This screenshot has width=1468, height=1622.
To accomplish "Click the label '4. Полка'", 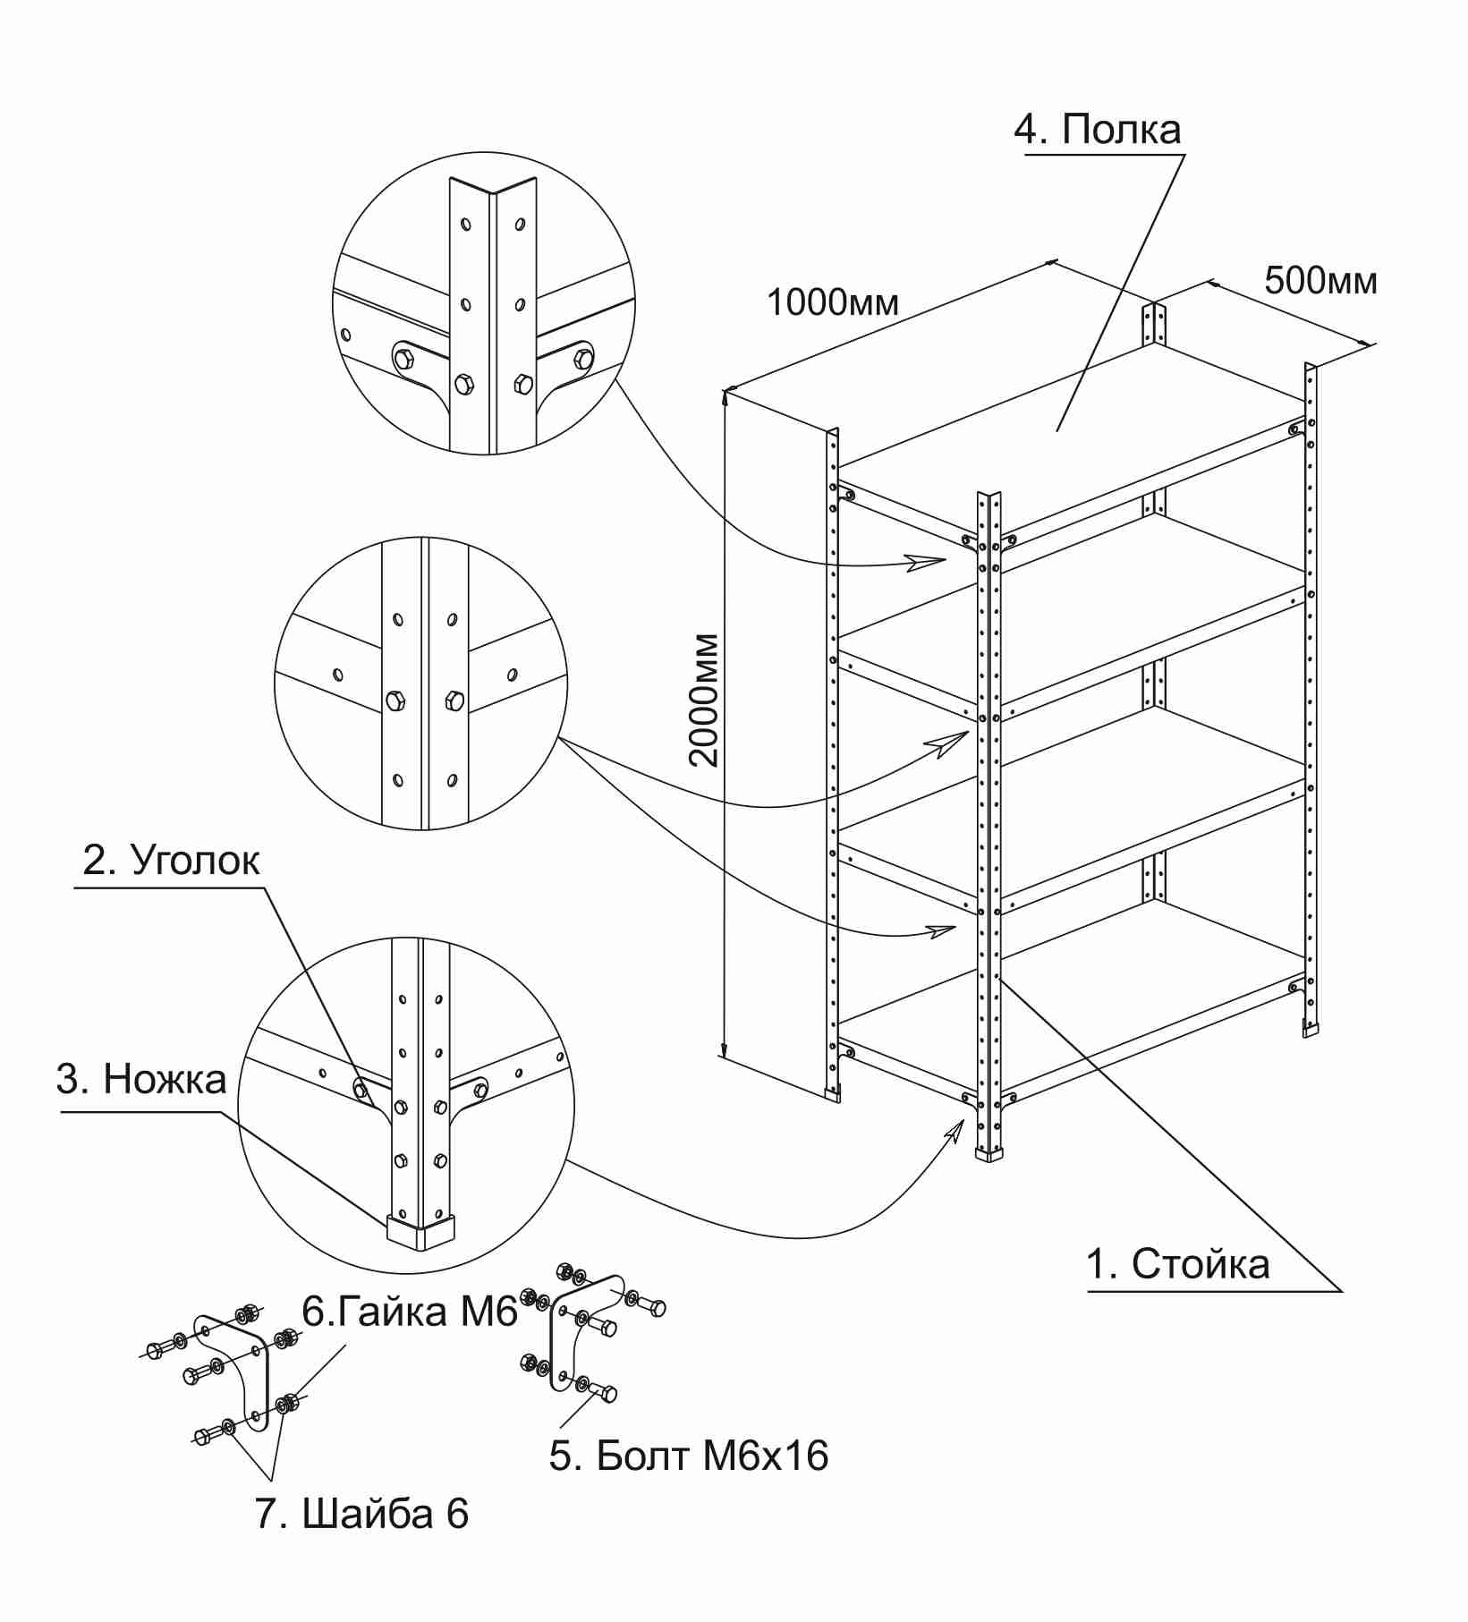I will click(x=1097, y=131).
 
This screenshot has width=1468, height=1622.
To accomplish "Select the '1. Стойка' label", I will click(x=1177, y=1265).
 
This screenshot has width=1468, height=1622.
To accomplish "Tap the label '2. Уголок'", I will click(x=171, y=861).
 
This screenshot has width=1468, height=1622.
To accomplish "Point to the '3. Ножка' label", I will click(x=141, y=1079).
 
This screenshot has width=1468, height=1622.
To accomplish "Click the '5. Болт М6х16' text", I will click(x=688, y=1456).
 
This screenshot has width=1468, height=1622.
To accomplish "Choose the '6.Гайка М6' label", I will click(x=410, y=1312).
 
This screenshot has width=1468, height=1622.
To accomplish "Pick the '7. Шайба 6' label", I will click(x=361, y=1514).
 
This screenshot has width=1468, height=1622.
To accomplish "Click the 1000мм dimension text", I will click(x=832, y=303).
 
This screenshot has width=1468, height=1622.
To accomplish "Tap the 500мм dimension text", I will click(x=1320, y=281).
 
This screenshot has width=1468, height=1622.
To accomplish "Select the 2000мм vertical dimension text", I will click(x=705, y=700).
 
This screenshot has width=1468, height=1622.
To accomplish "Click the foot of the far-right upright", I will click(x=1311, y=1030).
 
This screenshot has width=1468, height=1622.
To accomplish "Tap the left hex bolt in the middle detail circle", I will click(x=395, y=700).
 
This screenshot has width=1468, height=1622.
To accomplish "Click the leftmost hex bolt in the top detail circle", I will click(x=403, y=359).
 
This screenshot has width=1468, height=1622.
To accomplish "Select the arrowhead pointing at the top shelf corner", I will click(x=927, y=562).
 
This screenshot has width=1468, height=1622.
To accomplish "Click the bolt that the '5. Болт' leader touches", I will click(x=605, y=1393).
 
